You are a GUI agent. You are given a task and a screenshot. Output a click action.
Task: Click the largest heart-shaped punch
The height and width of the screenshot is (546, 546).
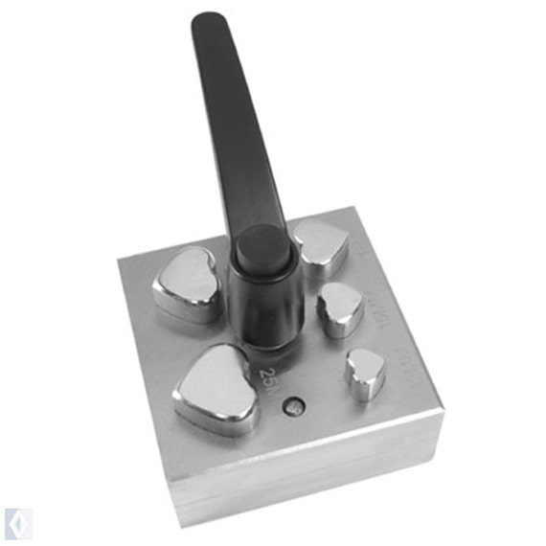pos(216,388)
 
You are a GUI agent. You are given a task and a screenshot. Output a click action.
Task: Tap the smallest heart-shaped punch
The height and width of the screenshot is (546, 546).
pos(365,372)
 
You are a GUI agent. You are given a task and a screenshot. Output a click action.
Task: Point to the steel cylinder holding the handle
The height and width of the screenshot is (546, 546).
pos(265,307)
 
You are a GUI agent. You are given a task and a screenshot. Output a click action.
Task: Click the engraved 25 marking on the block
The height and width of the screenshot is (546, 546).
pos(269,376)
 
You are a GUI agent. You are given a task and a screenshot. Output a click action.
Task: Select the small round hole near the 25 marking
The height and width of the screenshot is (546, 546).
pos(295,406)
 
